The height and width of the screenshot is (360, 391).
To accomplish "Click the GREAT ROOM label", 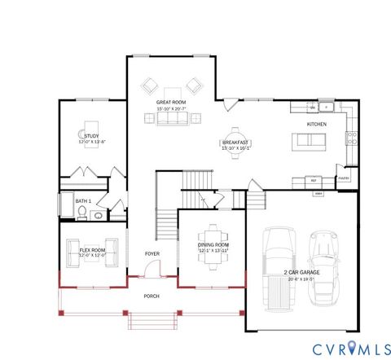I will coord(171,103).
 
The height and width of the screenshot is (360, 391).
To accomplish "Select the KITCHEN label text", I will coord(317,125).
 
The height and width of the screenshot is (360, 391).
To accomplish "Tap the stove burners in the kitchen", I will coord(352,137).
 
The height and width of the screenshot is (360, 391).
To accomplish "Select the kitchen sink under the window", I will coord(326,107).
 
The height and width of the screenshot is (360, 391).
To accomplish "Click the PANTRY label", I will coord(344,178).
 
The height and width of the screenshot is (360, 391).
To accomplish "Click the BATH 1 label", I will coord(83,200).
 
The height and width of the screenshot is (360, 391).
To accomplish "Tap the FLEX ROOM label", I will coord(91,250).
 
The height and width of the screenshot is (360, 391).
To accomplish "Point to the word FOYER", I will coord(152,254).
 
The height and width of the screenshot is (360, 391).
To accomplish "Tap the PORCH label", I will coord(152,296).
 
